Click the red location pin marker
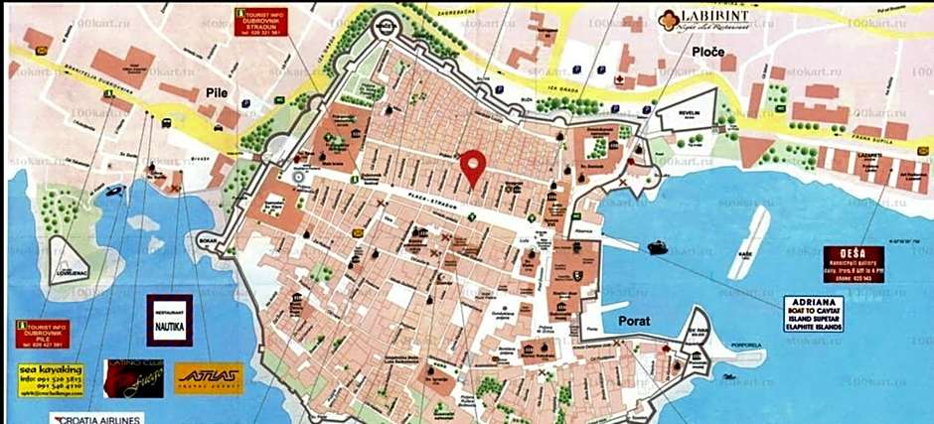click(474, 166)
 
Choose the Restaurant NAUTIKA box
click(168, 319)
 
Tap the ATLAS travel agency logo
click(208, 377)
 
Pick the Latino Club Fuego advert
click(134, 377)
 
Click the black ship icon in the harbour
click(659, 246)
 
